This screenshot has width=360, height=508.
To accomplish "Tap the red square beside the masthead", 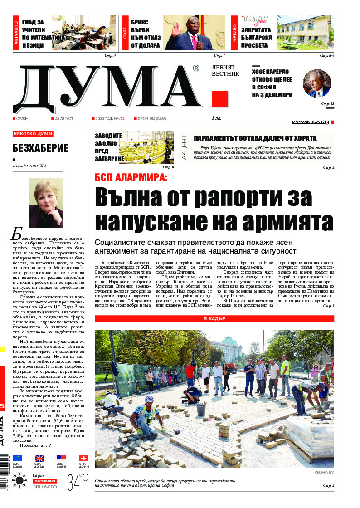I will (x=220, y=99).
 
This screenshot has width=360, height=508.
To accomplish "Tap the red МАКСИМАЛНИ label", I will (x=44, y=481).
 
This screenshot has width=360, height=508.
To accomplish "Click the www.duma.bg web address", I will (x=311, y=122).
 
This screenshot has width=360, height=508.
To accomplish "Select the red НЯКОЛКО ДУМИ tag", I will (x=33, y=134).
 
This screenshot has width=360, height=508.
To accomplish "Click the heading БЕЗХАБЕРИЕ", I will (x=40, y=148).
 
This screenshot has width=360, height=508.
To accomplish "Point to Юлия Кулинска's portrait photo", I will (x=46, y=203).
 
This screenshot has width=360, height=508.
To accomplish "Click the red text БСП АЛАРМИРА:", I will (x=131, y=177).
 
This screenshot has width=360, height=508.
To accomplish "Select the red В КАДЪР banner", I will (x=214, y=319).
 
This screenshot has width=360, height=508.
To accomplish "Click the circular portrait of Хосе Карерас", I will (x=316, y=83).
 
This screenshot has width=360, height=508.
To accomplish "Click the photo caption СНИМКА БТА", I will (x=324, y=473).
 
